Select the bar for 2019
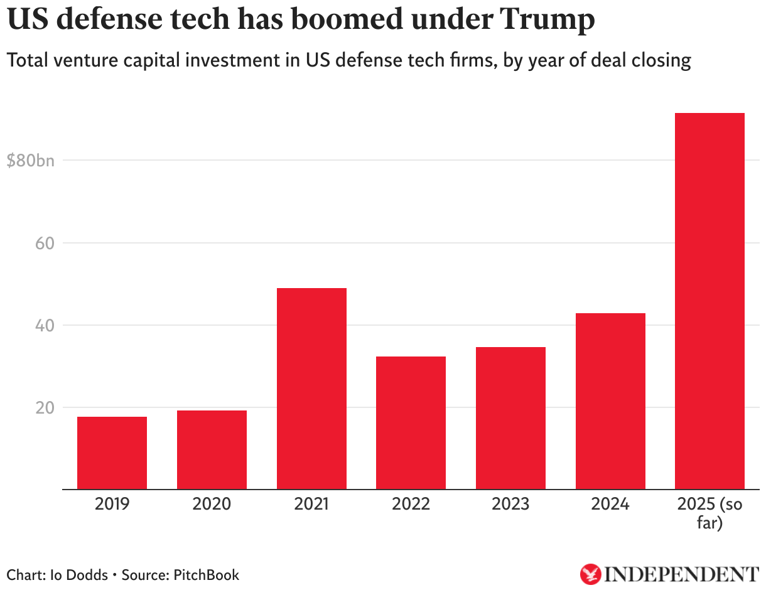(112, 453)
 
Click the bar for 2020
(212, 449)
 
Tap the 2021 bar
(311, 389)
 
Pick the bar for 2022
(411, 422)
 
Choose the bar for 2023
(510, 418)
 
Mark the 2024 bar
(610, 401)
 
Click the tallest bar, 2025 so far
(709, 301)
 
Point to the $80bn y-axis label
(30, 161)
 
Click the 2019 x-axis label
(112, 504)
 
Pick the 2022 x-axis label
(411, 504)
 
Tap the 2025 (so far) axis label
(709, 513)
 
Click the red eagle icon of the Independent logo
(590, 574)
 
